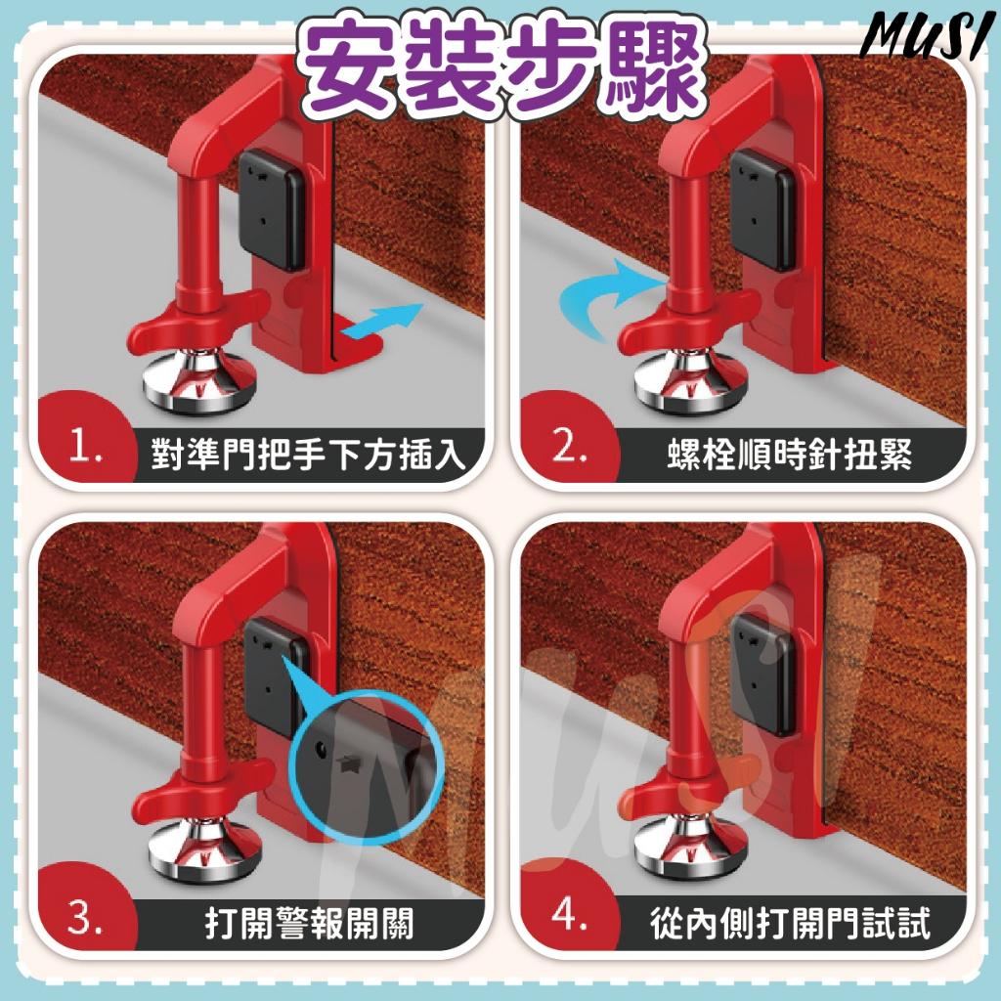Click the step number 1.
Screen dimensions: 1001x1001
pyautogui.click(x=85, y=445)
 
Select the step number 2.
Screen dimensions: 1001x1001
pyautogui.click(x=568, y=445)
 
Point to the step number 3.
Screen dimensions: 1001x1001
pyautogui.click(x=85, y=918)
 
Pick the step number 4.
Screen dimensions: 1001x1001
pyautogui.click(x=568, y=914)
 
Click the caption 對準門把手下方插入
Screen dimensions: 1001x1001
pyautogui.click(x=308, y=454)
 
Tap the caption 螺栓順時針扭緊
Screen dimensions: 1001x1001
pyautogui.click(x=789, y=454)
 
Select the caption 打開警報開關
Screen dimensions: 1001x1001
pyautogui.click(x=309, y=923)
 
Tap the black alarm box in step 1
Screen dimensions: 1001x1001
pyautogui.click(x=272, y=209)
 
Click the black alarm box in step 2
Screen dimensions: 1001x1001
pyautogui.click(x=763, y=209)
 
